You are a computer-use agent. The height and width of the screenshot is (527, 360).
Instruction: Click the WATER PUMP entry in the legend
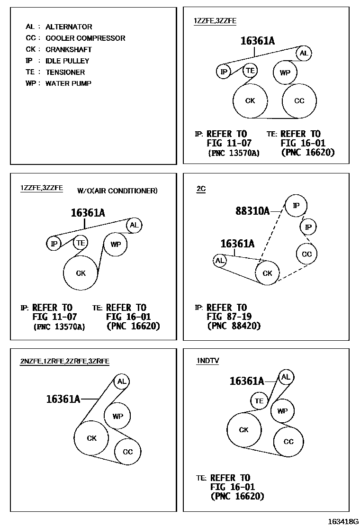pos(59,83)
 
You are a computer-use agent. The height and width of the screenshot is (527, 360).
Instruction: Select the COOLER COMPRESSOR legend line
pos(75,38)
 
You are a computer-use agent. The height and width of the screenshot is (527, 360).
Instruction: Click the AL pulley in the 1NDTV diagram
pos(285,377)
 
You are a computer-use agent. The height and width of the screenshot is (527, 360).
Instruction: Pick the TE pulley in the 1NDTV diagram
pos(259,401)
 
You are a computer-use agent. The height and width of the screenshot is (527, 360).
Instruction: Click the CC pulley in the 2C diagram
pos(306,254)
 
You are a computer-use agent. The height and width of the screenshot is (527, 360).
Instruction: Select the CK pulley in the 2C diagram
pos(267,273)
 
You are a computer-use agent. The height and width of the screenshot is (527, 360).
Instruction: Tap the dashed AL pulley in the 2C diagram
pos(220,260)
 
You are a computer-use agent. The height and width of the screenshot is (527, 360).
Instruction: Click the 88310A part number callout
pos(252,210)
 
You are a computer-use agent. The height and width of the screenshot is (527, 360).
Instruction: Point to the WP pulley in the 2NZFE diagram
pos(117,416)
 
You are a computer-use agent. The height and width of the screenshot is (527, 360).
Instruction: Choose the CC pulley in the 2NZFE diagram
pos(128,452)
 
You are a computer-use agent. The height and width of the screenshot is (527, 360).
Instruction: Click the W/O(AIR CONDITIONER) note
pos(117,191)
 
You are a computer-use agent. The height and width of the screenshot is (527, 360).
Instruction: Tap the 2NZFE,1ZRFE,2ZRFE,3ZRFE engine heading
pos(64,361)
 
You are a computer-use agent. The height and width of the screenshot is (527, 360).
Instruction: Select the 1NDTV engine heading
pos(207,361)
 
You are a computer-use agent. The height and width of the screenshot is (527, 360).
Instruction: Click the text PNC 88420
pos(234,326)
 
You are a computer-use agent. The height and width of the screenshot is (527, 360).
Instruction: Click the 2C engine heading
pos(201,189)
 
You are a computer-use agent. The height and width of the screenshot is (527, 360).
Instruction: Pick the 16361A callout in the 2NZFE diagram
pos(63,399)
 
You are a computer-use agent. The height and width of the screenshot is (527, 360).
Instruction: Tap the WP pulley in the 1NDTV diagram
pos(282,411)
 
